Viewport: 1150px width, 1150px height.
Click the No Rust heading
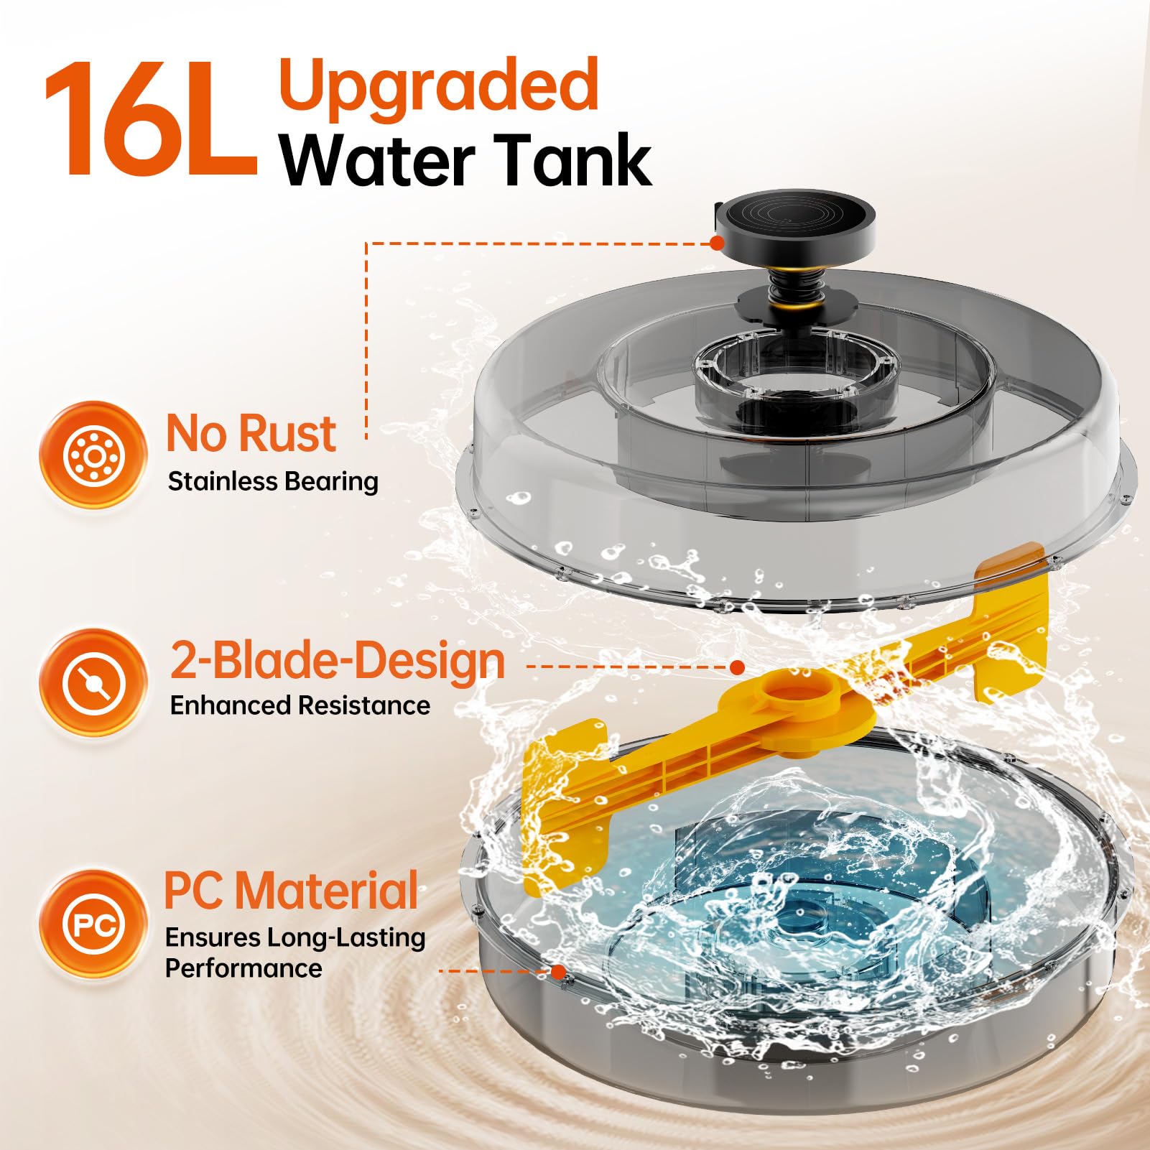coord(251,433)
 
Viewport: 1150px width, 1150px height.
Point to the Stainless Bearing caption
coord(273,481)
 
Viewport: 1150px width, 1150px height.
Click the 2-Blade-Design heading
coord(338,662)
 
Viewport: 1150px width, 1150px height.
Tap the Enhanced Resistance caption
coord(300,705)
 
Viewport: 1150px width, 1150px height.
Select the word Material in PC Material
coord(327,891)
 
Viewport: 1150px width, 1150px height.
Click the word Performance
coord(244,968)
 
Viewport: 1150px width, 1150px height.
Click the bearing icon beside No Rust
coord(93,455)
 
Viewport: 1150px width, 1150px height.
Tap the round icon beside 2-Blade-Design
coord(93,682)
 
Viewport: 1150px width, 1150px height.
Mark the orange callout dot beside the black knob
coord(716,243)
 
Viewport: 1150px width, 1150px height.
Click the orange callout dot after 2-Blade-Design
coord(736,667)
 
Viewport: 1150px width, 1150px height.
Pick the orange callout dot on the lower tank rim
coord(558,971)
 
